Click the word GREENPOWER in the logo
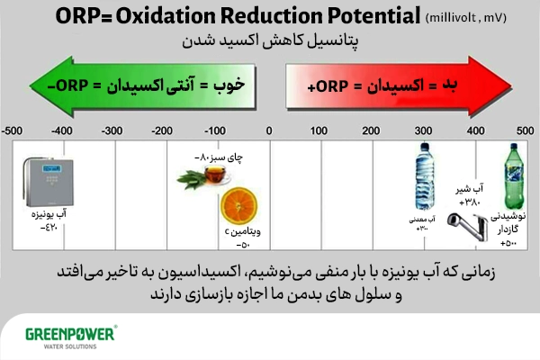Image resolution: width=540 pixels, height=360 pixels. tap(67, 333)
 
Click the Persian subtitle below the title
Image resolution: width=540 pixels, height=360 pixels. tap(270, 42)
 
